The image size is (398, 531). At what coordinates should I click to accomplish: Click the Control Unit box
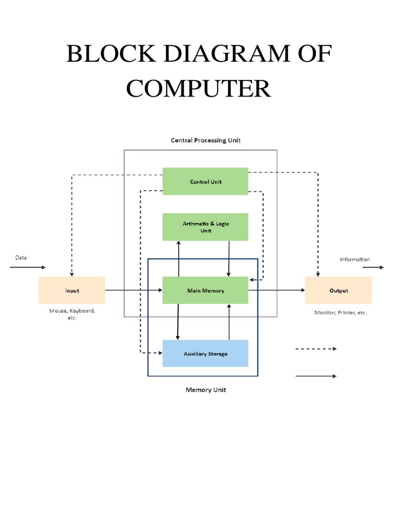coord(205,181)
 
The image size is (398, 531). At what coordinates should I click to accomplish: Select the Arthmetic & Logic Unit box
coord(205,227)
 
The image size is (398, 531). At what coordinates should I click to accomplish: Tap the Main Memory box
coord(205,290)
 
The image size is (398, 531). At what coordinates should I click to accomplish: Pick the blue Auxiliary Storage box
coord(205,354)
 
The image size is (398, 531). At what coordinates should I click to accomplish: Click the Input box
coord(72,290)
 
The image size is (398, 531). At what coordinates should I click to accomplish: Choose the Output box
coord(338,290)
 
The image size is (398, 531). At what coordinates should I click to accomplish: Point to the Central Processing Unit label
coord(206,140)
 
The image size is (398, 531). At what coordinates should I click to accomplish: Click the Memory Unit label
coord(206,390)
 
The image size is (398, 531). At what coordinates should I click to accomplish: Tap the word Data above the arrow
coord(21,257)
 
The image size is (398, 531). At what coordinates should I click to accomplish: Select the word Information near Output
coord(354,259)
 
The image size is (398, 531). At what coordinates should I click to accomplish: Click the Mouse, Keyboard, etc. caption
coord(72,314)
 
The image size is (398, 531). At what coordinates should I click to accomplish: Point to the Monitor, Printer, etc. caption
coord(340,313)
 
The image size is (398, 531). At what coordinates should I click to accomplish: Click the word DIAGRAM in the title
coord(203,54)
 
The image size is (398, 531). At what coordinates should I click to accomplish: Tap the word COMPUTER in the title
coord(198,89)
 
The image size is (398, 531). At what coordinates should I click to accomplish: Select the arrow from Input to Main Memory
coord(134,290)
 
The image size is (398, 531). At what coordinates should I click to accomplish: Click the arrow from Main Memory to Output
coord(276,290)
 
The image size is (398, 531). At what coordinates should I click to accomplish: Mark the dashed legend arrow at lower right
coord(316,349)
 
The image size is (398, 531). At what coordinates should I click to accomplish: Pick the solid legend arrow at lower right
coord(316,376)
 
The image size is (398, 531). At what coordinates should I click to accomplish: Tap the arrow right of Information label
coord(373,268)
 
